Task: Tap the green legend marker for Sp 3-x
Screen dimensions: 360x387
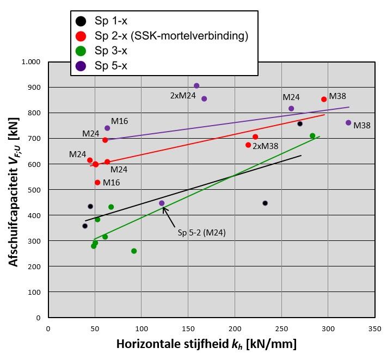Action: pos(81,51)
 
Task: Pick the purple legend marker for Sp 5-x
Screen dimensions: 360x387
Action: pos(81,66)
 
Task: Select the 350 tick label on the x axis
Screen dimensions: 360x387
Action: pos(374,328)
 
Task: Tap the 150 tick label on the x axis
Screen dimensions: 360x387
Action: pos(188,328)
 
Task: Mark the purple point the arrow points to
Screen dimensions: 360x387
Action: pos(162,203)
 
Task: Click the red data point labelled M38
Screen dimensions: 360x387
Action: pos(324,100)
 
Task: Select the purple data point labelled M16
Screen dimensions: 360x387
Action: pos(107,128)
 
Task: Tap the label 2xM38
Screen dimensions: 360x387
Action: pos(266,146)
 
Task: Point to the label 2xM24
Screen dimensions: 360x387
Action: pos(183,95)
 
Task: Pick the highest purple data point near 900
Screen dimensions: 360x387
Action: pos(196,86)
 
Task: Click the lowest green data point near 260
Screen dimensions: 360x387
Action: pos(134,251)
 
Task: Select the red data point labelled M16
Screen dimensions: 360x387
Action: pos(97,183)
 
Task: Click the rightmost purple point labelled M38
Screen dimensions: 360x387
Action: pos(348,123)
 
